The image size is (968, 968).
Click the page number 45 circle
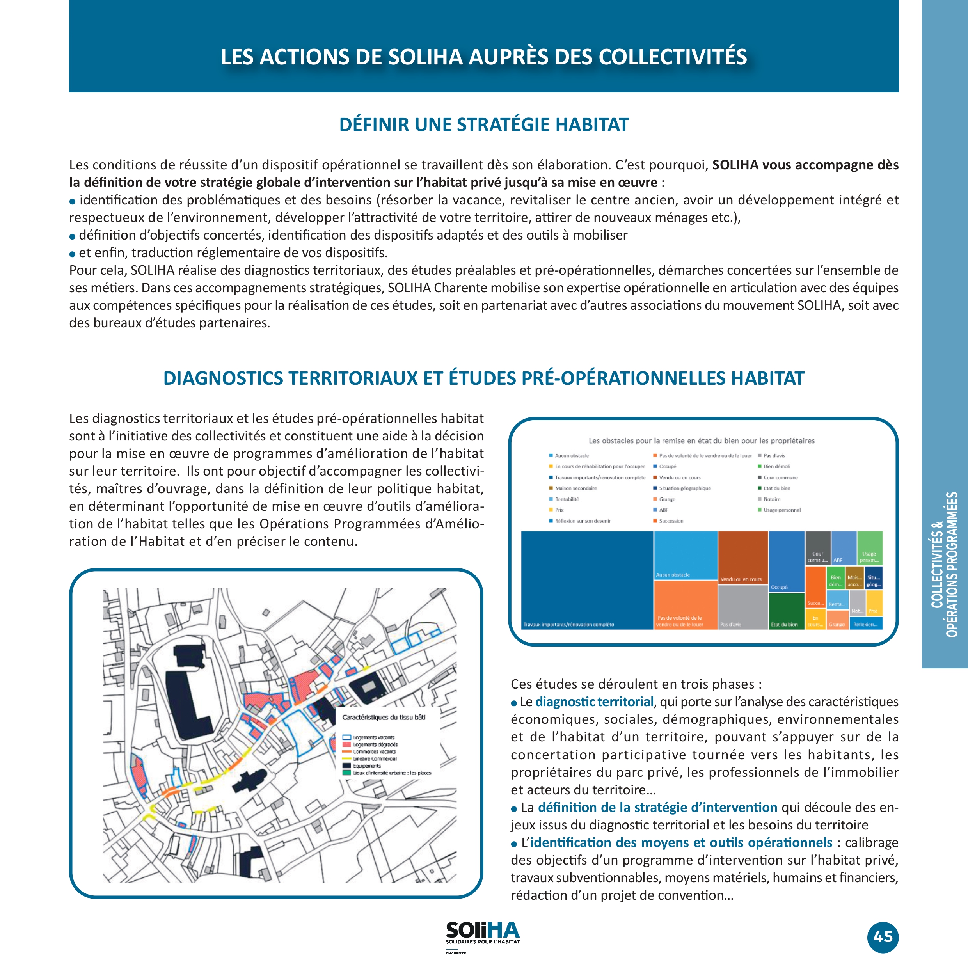(x=883, y=936)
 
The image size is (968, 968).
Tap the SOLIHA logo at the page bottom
(x=483, y=932)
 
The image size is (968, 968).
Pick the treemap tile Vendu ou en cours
(x=742, y=556)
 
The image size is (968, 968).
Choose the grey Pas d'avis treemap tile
(x=742, y=607)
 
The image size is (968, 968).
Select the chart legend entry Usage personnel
(x=782, y=510)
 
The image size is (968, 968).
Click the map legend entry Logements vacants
(x=373, y=737)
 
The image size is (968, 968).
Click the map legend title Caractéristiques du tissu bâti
(x=384, y=718)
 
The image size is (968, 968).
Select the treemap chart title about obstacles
(x=702, y=441)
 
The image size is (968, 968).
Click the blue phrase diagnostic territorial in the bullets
(x=594, y=702)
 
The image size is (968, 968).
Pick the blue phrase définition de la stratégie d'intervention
(x=657, y=807)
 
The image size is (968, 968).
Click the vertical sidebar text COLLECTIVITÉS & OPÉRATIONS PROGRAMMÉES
(x=945, y=564)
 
